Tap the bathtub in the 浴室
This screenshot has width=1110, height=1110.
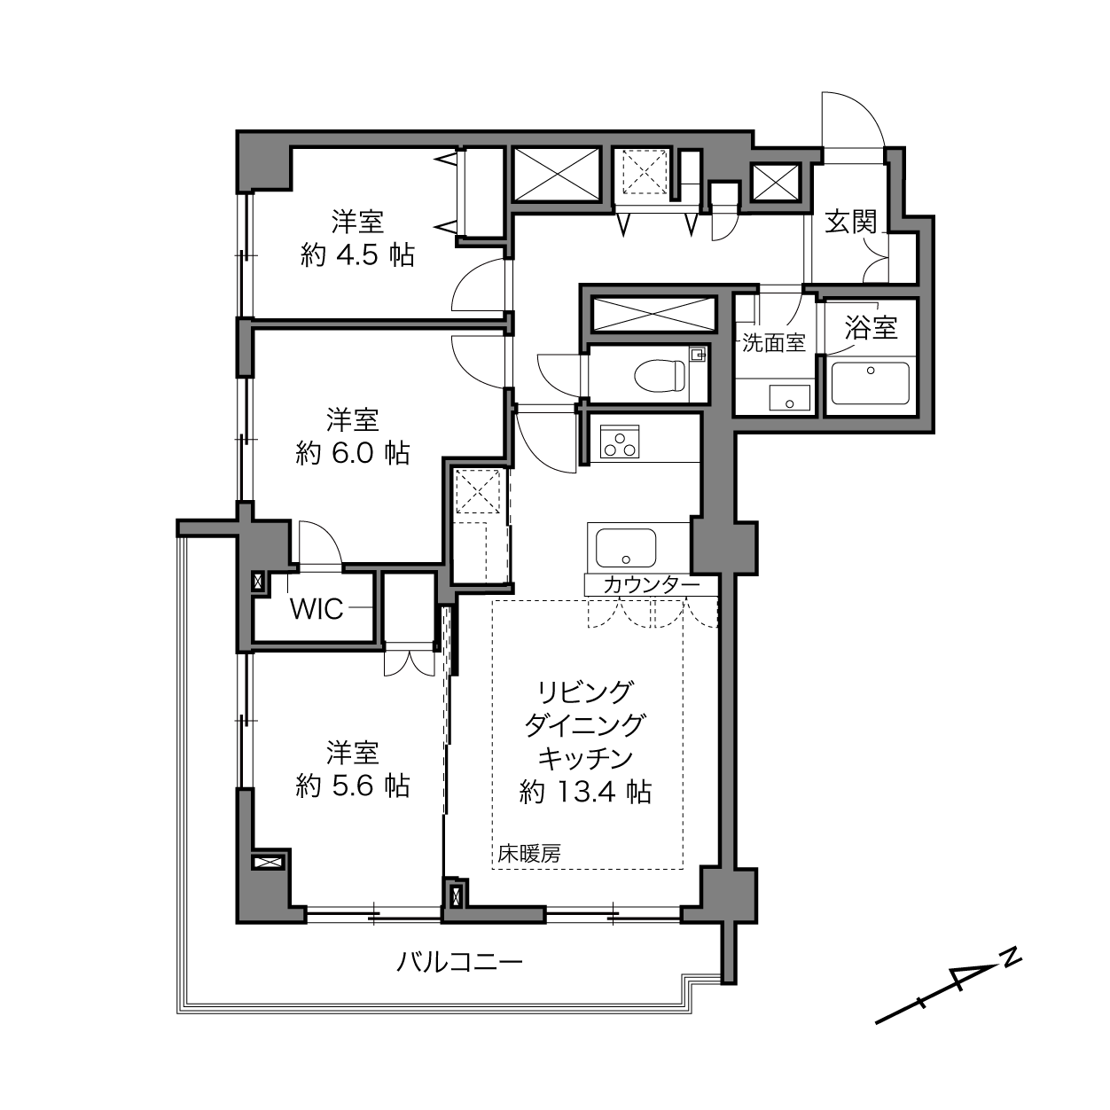tap(870, 381)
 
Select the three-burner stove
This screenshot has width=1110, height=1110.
tap(619, 441)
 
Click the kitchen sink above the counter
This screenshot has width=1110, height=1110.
tap(626, 547)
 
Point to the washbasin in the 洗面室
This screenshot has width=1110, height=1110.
tap(789, 398)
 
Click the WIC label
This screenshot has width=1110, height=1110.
tap(317, 609)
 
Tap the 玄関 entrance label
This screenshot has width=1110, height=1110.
tap(851, 222)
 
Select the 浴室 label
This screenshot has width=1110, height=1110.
tap(871, 326)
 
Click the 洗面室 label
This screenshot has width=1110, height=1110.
tap(773, 342)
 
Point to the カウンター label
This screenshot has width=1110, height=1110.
tap(652, 585)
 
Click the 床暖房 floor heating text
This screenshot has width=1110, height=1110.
tap(529, 853)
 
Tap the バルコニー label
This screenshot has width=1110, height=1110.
tap(459, 962)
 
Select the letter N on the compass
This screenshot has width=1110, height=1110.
tap(1011, 959)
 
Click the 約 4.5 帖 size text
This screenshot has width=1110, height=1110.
tap(357, 254)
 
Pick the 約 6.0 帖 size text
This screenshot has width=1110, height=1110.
tap(353, 453)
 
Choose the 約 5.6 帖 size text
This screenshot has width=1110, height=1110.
tap(353, 786)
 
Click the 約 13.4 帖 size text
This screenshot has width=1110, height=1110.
tap(585, 792)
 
